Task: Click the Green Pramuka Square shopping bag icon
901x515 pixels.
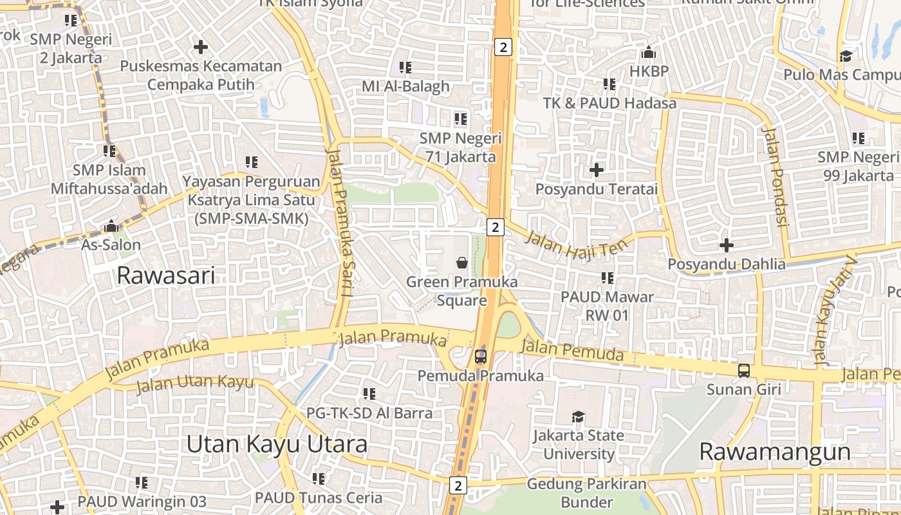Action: [x=462, y=263]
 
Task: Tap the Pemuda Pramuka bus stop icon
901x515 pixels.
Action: [x=481, y=356]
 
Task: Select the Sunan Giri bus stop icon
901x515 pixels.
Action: [x=744, y=370]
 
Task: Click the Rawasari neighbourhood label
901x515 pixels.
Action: [x=166, y=276]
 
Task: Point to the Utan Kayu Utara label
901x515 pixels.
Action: [x=277, y=444]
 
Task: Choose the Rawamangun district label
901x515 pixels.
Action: [x=775, y=451]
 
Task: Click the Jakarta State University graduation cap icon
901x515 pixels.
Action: [x=579, y=417]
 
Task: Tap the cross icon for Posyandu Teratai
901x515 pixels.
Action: [x=597, y=170]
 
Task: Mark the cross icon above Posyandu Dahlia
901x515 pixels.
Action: [x=727, y=245]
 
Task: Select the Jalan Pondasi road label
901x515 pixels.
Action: [x=775, y=176]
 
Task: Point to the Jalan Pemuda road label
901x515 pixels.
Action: [x=572, y=351]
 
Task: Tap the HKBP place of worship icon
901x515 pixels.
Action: [x=649, y=52]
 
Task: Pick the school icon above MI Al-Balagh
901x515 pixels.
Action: [x=405, y=67]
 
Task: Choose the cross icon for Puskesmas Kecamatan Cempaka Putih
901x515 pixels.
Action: [x=201, y=47]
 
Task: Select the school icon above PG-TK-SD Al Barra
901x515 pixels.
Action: [x=369, y=393]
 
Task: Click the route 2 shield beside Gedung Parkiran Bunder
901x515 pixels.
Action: [x=458, y=485]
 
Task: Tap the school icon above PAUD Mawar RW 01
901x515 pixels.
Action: [x=607, y=278]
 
